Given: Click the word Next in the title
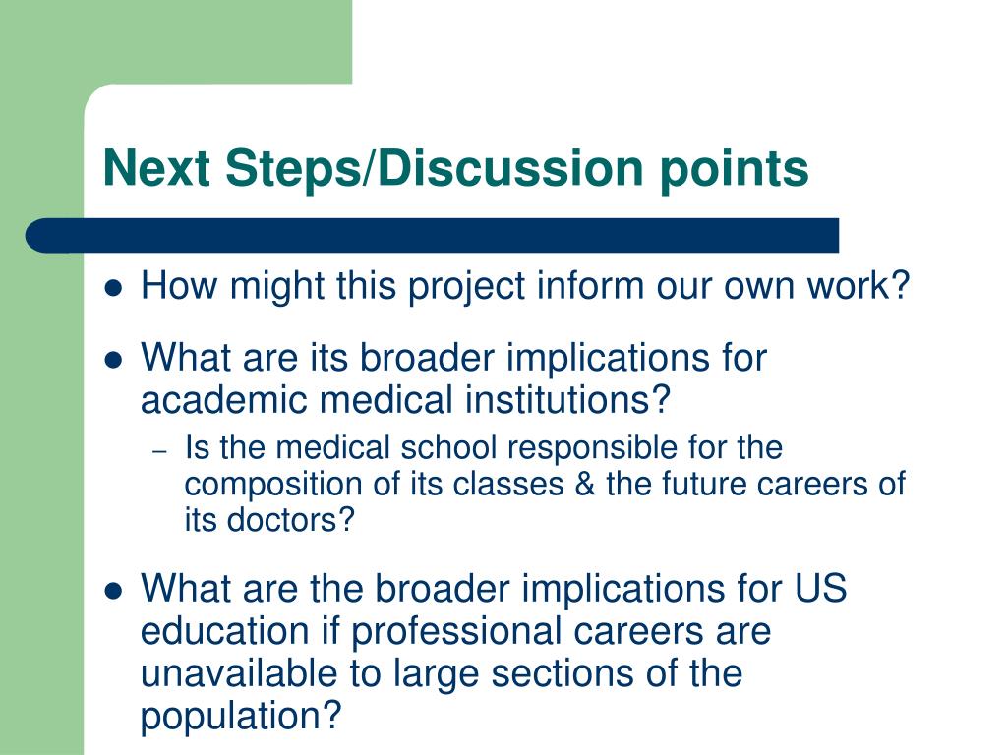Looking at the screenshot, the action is [x=156, y=167].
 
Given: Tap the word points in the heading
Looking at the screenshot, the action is [x=734, y=169].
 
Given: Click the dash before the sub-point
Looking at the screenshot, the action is [x=160, y=452].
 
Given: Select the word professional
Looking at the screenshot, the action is [x=456, y=632].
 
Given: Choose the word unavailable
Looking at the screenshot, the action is [x=239, y=673].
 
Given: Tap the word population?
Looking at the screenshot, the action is [x=241, y=717].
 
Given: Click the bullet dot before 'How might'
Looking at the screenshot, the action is [x=113, y=288].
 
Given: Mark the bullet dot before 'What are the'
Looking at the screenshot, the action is [x=113, y=590].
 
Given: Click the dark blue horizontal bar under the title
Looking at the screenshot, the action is [x=433, y=236].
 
